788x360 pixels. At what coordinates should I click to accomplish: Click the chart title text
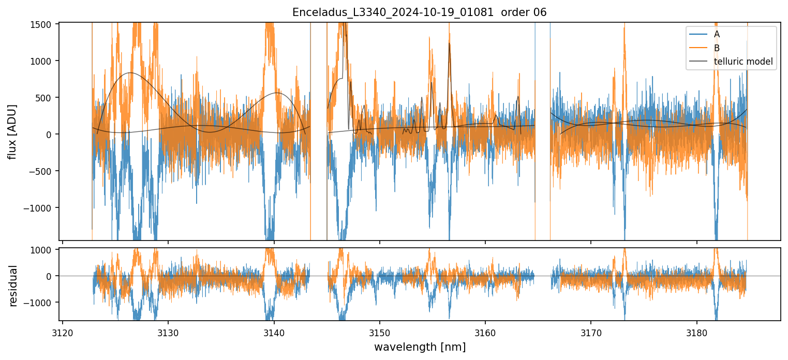(x=419, y=12)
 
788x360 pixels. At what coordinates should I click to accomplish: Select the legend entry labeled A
(x=717, y=34)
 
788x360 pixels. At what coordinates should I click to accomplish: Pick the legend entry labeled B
(x=717, y=48)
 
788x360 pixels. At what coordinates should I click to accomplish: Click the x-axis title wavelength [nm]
(x=420, y=347)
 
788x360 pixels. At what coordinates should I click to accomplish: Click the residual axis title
(x=13, y=286)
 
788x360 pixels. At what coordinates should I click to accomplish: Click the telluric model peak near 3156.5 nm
(x=449, y=44)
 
